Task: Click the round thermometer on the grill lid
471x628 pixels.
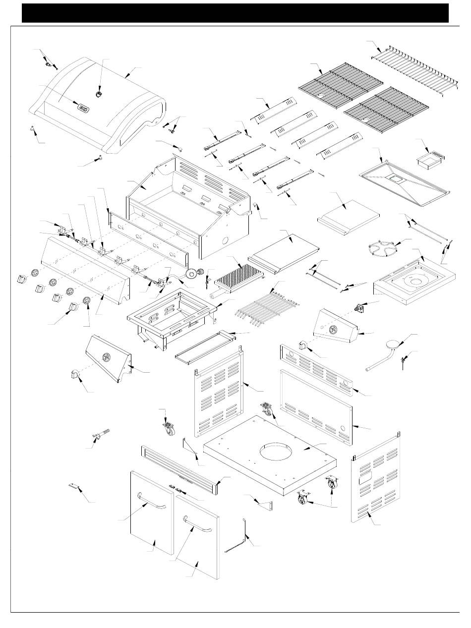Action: [x=99, y=93]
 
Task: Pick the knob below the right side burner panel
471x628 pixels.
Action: [x=303, y=345]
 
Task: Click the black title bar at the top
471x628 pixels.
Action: [x=235, y=13]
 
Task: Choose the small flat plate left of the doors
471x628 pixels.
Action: [x=74, y=487]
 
